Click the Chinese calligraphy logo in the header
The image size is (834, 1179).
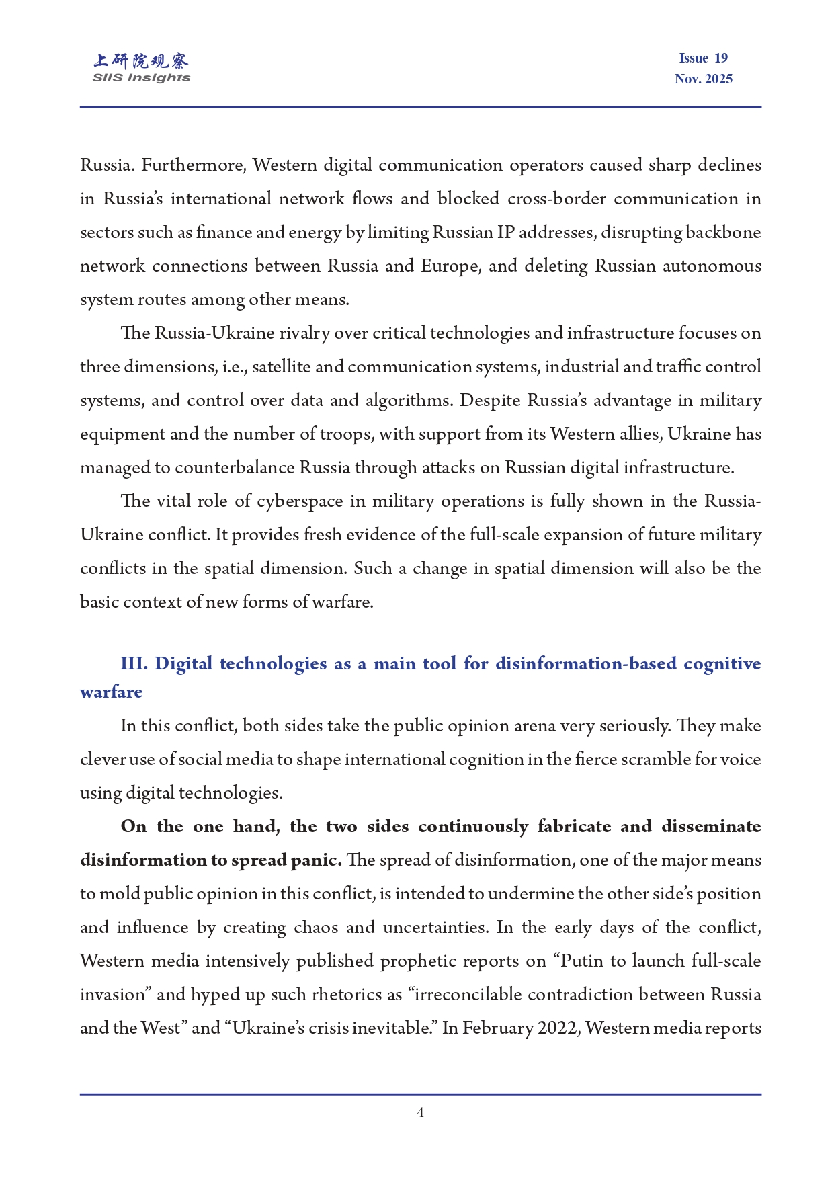click(141, 61)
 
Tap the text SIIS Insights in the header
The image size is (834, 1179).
click(141, 78)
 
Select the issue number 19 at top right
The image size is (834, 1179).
click(720, 58)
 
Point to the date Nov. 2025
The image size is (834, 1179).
click(703, 79)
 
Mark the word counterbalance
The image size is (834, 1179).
click(235, 468)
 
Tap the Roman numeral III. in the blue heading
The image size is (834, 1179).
click(134, 664)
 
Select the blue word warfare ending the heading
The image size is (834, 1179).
click(112, 692)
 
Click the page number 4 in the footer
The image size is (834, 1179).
click(420, 1112)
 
